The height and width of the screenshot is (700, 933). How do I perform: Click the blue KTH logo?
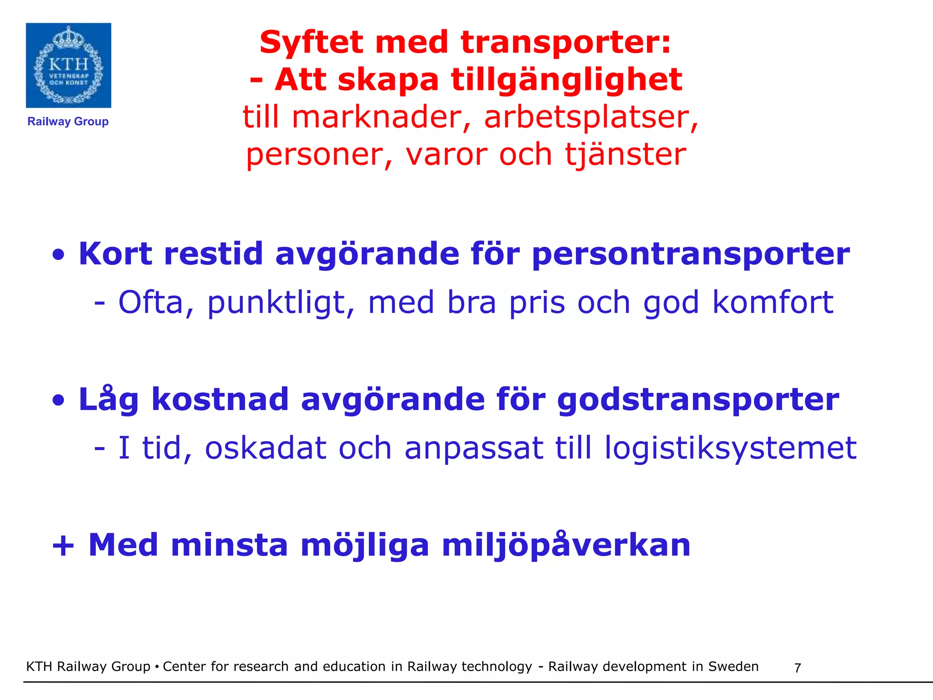[68, 65]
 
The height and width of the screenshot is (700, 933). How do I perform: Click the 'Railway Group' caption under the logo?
[68, 122]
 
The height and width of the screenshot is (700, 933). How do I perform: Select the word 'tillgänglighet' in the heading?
[567, 80]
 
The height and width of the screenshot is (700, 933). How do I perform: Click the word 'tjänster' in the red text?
[625, 154]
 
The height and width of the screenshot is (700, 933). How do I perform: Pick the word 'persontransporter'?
[690, 254]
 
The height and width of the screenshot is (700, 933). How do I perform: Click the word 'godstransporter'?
[698, 400]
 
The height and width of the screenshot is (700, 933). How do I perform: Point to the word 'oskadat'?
[266, 448]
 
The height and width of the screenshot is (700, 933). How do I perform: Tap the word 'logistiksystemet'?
[730, 448]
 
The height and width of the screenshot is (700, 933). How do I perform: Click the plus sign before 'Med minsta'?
[63, 546]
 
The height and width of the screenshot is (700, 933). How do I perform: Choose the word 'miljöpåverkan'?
[566, 546]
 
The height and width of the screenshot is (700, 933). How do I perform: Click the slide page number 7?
[797, 668]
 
